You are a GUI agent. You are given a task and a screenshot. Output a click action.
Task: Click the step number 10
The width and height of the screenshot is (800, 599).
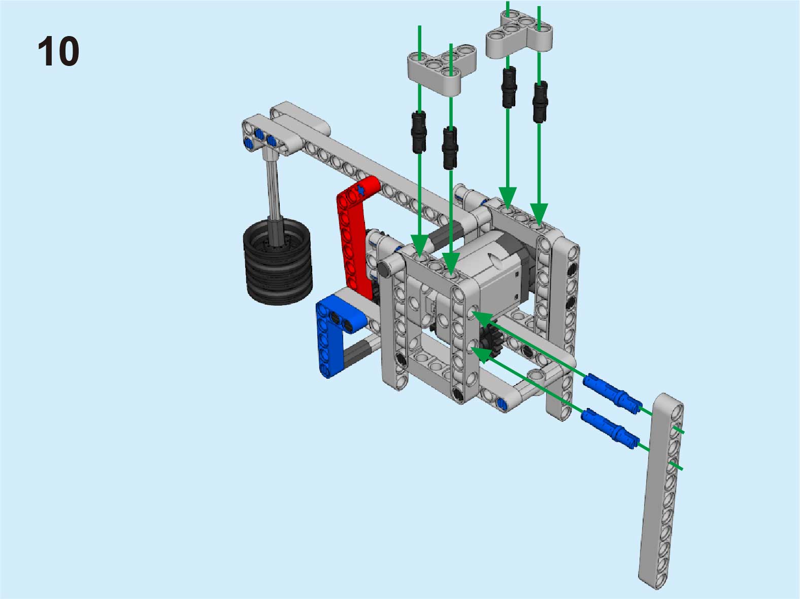point(58,51)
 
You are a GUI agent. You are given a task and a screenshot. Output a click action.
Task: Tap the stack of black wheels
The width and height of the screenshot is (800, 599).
point(278,261)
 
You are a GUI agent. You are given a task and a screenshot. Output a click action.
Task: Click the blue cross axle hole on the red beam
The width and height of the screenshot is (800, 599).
point(361,190)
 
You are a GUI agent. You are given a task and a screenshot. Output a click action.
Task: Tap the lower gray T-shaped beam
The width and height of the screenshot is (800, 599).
point(441,69)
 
